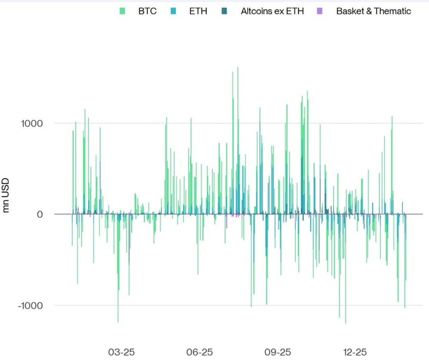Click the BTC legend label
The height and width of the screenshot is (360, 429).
click(x=147, y=11)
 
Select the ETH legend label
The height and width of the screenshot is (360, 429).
click(x=198, y=11)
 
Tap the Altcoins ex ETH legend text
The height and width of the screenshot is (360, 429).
click(x=272, y=11)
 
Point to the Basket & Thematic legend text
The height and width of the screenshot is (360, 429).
click(x=373, y=11)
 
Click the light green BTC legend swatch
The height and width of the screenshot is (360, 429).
click(x=122, y=11)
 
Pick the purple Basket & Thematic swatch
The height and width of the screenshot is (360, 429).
click(x=319, y=11)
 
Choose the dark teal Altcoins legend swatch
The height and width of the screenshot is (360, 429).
click(x=224, y=11)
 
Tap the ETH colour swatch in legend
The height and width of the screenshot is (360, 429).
click(x=173, y=11)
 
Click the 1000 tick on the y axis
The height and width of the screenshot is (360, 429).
click(x=32, y=124)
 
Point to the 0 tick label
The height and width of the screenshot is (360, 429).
click(x=40, y=214)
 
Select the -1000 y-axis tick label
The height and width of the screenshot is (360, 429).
click(x=30, y=305)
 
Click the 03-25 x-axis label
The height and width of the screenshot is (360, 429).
click(x=122, y=352)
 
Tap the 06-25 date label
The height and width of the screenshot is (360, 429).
click(x=200, y=352)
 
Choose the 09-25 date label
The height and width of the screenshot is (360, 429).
click(x=278, y=352)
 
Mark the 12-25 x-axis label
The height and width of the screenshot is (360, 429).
click(x=355, y=352)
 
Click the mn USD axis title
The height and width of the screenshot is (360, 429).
click(x=6, y=195)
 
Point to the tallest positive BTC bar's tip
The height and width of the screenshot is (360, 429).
click(x=238, y=67)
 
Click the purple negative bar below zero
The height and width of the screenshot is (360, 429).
click(x=226, y=221)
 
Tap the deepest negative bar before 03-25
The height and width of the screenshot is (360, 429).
click(x=118, y=322)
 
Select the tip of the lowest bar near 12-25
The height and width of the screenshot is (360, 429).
click(x=345, y=323)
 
